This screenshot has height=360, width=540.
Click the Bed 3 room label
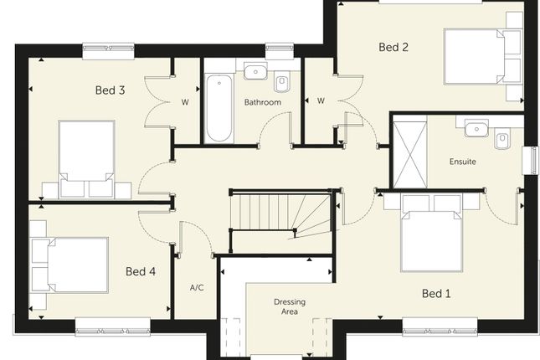point(110,90)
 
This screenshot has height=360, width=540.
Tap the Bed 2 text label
point(393,47)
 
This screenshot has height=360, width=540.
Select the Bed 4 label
point(141,271)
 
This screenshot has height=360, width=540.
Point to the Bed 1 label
point(436,294)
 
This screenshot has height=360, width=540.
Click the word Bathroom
point(262,102)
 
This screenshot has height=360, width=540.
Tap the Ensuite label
point(462,162)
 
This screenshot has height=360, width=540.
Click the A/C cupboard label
point(197,287)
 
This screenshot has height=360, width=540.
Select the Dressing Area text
point(290,306)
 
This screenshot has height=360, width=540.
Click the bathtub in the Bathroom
point(219,108)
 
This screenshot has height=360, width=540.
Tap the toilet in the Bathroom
point(282,83)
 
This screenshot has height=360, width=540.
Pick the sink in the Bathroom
point(255,71)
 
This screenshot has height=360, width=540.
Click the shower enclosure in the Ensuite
point(409,152)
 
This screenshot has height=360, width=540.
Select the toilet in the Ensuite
point(502,138)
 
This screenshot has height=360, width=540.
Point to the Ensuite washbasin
point(476,128)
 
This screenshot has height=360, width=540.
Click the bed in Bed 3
point(86,160)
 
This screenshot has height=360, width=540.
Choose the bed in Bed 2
point(483,57)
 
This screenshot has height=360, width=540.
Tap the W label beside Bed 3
point(185,102)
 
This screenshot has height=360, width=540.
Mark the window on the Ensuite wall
point(531,161)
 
